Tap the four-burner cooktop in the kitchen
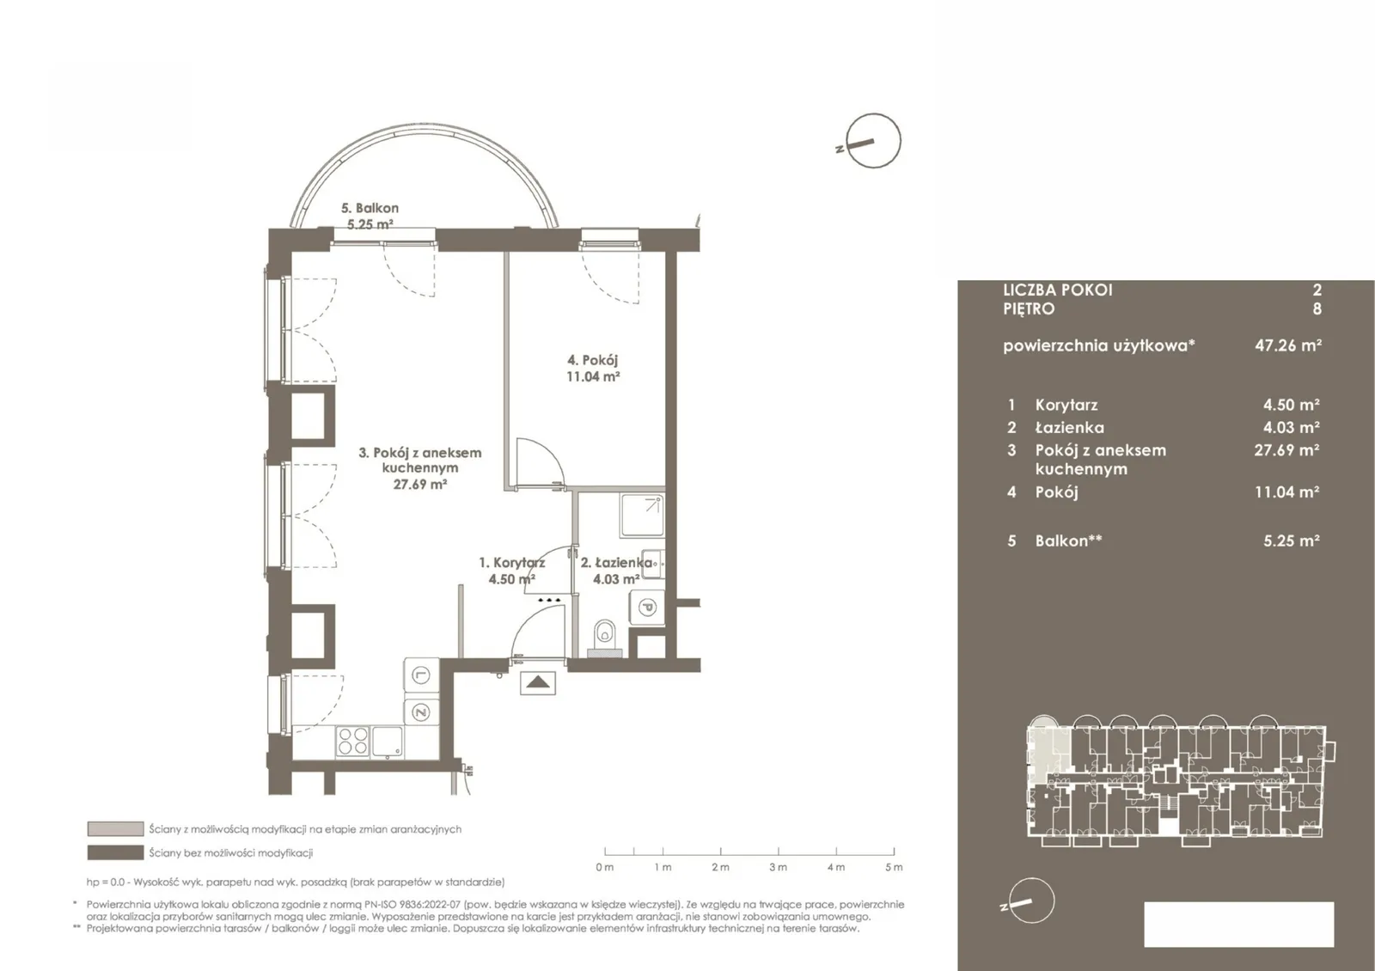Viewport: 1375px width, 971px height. point(353,741)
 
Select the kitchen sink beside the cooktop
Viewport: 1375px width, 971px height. point(388,742)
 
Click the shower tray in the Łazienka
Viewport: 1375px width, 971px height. point(641,516)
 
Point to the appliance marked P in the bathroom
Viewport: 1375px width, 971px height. point(647,608)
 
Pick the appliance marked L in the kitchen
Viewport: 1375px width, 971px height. point(421,675)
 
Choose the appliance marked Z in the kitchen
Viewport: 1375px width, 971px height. point(421,712)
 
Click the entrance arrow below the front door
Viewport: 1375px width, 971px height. point(538,682)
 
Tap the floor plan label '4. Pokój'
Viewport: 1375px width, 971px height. point(592,360)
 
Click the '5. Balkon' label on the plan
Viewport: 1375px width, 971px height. point(370,209)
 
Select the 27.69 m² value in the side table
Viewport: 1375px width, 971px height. point(1286,450)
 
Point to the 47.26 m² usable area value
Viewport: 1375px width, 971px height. point(1288,345)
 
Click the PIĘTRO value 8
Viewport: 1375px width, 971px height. point(1317,308)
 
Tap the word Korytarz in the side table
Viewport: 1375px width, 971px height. point(1066,405)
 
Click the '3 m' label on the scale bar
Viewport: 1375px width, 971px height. point(779,867)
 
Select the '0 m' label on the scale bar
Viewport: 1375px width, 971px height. point(605,867)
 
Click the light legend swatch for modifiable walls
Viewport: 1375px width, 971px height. point(115,828)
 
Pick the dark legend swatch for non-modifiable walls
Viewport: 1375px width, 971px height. point(115,852)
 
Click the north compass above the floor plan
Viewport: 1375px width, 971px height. point(872,141)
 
